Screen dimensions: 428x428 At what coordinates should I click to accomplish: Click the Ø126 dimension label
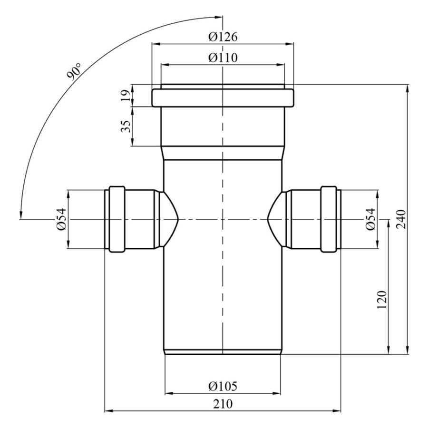(x=223, y=37)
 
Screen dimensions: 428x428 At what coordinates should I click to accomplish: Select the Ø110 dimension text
(x=223, y=58)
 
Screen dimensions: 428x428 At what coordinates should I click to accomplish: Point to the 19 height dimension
(x=126, y=95)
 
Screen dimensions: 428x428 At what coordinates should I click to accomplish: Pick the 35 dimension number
(x=126, y=126)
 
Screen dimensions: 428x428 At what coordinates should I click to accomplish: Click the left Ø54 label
(x=61, y=219)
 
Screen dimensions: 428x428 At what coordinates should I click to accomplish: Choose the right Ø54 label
(x=370, y=219)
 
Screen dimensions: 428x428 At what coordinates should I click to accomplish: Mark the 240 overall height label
(x=401, y=219)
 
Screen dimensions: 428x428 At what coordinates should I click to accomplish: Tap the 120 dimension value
(x=381, y=300)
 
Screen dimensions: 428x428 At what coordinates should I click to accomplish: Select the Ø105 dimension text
(x=223, y=386)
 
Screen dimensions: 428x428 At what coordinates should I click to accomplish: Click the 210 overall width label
(x=223, y=404)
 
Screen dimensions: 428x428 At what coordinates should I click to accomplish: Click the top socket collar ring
(x=223, y=97)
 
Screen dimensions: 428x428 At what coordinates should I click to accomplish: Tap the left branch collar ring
(x=117, y=219)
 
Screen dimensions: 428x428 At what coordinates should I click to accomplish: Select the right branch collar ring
(x=329, y=219)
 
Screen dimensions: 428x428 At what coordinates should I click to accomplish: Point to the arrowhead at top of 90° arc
(x=219, y=18)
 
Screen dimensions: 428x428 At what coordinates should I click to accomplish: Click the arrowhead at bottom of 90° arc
(x=20, y=215)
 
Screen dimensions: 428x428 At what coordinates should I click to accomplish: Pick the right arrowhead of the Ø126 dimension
(x=290, y=43)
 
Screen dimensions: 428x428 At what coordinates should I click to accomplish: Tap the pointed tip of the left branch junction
(x=178, y=219)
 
